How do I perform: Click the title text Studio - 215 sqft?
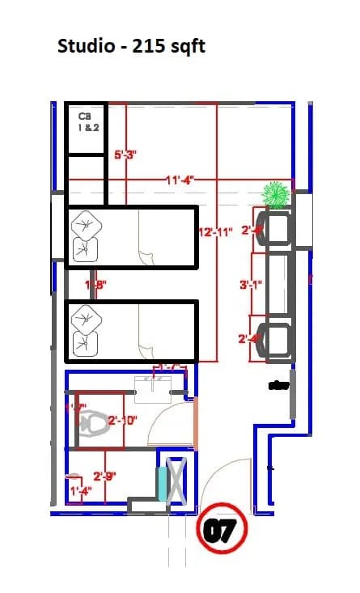point(131,46)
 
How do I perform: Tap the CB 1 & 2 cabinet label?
point(85,122)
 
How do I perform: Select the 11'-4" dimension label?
point(179,180)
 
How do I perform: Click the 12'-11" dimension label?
point(216,232)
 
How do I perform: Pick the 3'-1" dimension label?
point(249,285)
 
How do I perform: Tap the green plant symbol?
point(276,195)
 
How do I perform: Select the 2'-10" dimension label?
point(122,421)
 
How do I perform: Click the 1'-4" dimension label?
point(80,491)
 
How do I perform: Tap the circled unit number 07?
point(219,532)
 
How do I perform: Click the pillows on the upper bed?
point(84,235)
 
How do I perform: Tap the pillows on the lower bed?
point(84,332)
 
